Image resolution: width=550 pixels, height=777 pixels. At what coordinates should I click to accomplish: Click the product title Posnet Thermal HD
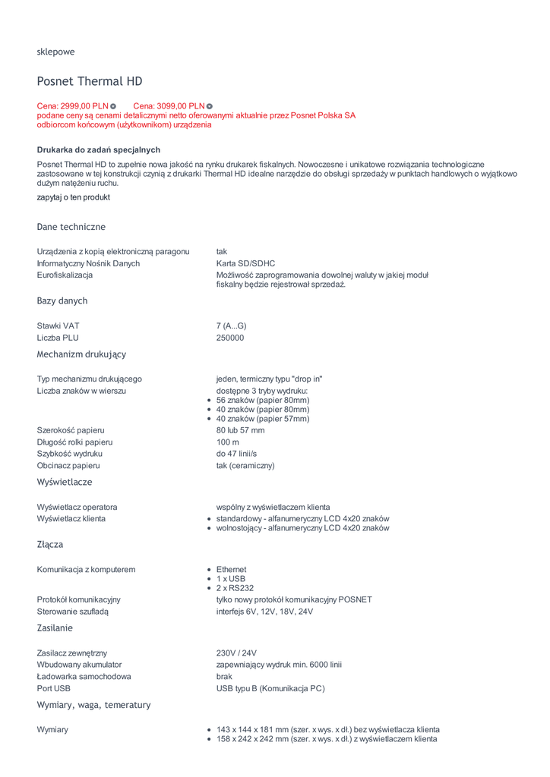[x=90, y=81]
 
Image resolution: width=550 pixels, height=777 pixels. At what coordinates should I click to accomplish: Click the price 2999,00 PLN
[x=73, y=105]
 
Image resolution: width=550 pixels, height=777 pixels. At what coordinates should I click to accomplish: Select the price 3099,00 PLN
[x=169, y=105]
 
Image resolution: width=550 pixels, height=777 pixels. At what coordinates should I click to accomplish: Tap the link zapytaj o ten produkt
[x=74, y=197]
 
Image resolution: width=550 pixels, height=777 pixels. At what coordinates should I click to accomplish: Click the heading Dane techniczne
[x=71, y=227]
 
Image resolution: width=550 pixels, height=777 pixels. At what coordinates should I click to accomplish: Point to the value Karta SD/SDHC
[x=245, y=263]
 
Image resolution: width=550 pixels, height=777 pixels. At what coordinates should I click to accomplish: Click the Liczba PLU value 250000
[x=230, y=338]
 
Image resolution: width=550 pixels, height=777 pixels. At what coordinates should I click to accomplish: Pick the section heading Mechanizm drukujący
[x=81, y=354]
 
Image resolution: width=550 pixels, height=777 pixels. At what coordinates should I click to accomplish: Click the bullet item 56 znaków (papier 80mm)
[x=263, y=400]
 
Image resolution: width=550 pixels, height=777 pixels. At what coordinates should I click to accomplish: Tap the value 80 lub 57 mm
[x=240, y=430]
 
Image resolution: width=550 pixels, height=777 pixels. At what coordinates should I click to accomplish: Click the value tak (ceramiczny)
[x=245, y=465]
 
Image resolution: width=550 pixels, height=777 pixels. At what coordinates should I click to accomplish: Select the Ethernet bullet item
[x=231, y=569]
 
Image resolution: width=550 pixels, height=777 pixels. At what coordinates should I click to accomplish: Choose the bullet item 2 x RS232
[x=235, y=588]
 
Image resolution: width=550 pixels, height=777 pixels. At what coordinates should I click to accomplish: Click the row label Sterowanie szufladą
[x=73, y=612]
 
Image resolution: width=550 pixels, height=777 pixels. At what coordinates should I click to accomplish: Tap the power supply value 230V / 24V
[x=236, y=653]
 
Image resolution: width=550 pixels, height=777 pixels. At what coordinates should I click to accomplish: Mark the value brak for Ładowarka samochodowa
[x=224, y=676]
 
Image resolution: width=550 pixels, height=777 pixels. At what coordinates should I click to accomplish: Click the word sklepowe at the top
[x=55, y=52]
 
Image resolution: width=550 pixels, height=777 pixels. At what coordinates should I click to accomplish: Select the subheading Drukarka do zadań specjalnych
[x=99, y=149]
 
